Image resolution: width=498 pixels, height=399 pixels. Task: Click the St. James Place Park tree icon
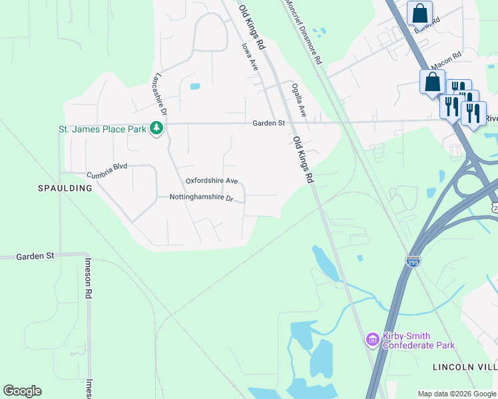point(156,128)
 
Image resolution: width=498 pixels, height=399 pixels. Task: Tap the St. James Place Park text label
point(102,129)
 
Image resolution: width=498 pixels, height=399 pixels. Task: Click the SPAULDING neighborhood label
point(65,188)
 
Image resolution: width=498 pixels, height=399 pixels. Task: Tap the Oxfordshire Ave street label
point(211,181)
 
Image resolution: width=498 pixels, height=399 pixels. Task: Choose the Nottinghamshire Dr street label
point(202,198)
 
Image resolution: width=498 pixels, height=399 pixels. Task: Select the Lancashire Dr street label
point(160,94)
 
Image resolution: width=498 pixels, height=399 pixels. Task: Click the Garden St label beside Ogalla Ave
point(268,123)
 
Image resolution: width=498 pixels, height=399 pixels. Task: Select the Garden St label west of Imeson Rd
point(35,255)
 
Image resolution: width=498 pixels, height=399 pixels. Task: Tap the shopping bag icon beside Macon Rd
point(432,82)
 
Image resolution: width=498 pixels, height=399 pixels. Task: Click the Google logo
point(22,391)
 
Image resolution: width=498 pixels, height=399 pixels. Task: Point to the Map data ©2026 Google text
point(456,394)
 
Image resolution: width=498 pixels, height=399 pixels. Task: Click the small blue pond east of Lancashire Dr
point(194,86)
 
